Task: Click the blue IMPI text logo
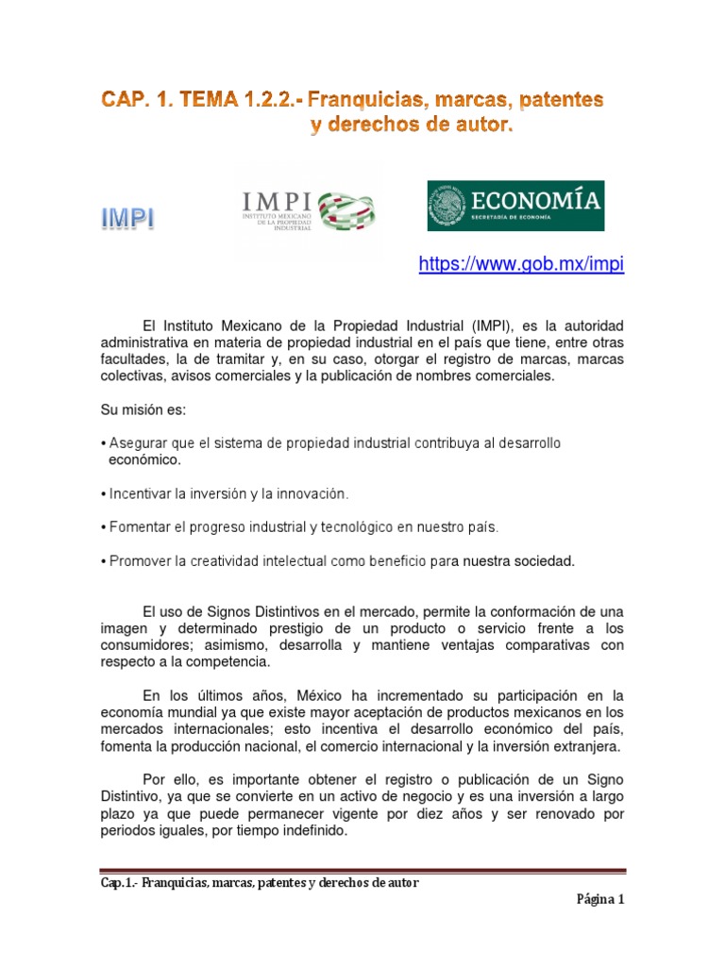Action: click(128, 220)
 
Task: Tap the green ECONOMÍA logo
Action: click(515, 206)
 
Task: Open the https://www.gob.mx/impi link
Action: click(521, 265)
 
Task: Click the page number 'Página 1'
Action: click(601, 899)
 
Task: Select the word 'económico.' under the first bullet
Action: click(144, 460)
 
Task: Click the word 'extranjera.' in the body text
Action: click(587, 746)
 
